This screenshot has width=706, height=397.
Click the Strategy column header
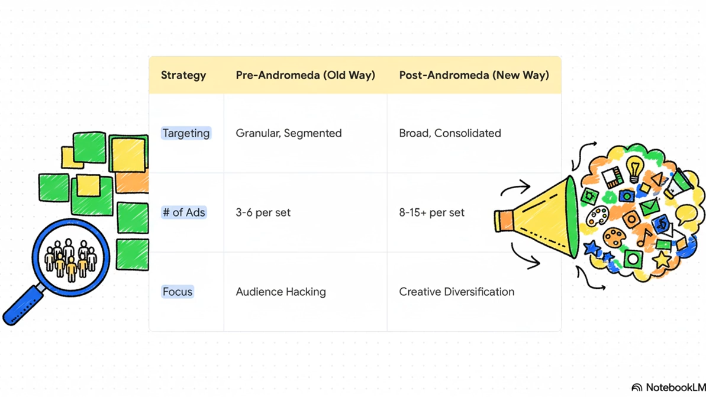tap(183, 75)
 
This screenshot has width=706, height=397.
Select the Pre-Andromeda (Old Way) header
tap(305, 75)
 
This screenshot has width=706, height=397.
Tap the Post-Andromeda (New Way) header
tap(474, 75)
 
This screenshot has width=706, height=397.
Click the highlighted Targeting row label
tap(186, 133)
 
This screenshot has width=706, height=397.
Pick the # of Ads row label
tap(184, 212)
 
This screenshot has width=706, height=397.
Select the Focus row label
tap(178, 292)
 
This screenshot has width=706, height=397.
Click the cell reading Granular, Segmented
tap(289, 133)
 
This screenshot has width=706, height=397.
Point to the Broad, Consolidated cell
tap(450, 133)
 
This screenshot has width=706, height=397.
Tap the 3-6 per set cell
tap(263, 212)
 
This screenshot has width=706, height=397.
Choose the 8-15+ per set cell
tap(431, 212)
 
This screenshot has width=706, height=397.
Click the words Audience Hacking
tap(281, 292)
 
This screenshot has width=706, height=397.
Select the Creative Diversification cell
tap(456, 292)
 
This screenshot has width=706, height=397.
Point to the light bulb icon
tap(634, 169)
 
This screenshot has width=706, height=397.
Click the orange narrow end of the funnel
tap(504, 220)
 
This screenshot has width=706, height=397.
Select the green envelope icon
tap(649, 207)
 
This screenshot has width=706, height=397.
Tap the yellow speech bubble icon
tap(686, 214)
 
